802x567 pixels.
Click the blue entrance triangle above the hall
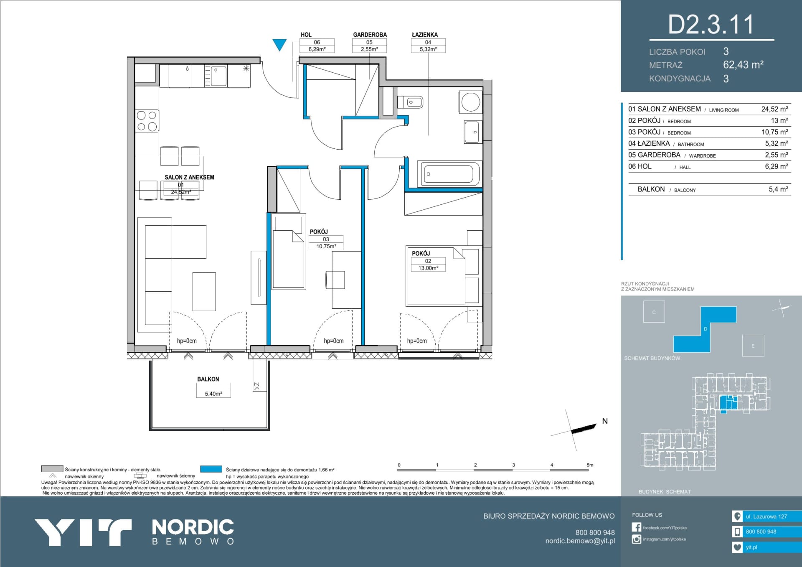279,44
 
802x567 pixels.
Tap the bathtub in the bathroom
449,173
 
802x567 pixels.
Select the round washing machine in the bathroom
471,102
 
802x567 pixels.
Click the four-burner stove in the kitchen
147,121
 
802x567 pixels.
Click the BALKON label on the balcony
208,379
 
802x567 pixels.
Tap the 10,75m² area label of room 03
326,247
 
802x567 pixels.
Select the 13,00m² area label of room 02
428,268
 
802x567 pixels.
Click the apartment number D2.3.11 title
711,24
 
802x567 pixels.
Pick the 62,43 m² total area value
744,65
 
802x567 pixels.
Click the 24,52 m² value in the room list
774,109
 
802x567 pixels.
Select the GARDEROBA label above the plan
370,35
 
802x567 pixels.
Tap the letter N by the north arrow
605,421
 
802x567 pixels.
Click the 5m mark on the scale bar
590,465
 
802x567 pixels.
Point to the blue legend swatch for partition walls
211,469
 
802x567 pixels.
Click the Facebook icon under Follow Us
637,527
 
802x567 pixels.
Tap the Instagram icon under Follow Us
637,539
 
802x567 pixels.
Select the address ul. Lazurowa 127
766,516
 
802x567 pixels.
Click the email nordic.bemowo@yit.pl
580,541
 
